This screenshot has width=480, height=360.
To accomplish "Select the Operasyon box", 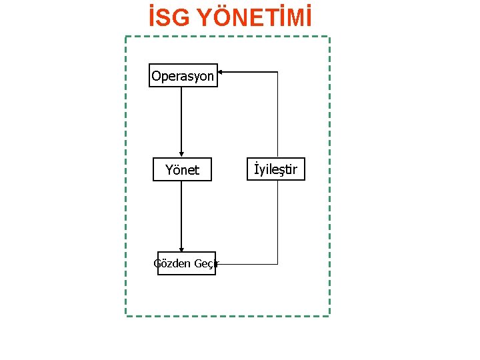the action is [x=183, y=76].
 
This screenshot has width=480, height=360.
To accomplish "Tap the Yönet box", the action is [x=182, y=170].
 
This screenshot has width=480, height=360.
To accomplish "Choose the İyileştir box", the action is [x=276, y=169].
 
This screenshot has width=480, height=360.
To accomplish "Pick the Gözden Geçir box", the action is [x=186, y=263].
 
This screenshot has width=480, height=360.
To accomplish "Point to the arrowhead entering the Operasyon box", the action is [x=222, y=71].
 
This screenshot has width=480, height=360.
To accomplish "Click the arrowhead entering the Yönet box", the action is [x=181, y=155].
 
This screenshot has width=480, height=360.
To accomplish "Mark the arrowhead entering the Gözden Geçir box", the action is [x=181, y=249].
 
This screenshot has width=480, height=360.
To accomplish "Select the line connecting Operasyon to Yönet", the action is [x=181, y=120].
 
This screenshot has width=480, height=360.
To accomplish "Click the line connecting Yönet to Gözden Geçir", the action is [x=181, y=213].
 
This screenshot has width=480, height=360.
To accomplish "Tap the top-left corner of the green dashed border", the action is [x=126, y=36].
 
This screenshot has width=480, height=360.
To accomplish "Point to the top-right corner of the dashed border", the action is [x=329, y=36].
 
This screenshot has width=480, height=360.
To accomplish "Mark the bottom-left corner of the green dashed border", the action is [x=126, y=315].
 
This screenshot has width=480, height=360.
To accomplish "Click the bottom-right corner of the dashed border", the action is [x=329, y=315].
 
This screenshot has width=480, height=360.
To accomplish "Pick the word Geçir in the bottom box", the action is [x=206, y=263].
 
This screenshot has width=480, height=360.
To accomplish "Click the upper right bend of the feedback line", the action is [x=277, y=71].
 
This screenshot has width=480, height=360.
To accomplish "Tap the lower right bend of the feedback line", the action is [x=277, y=264].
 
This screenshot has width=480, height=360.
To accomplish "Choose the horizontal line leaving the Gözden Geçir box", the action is [x=247, y=264].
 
